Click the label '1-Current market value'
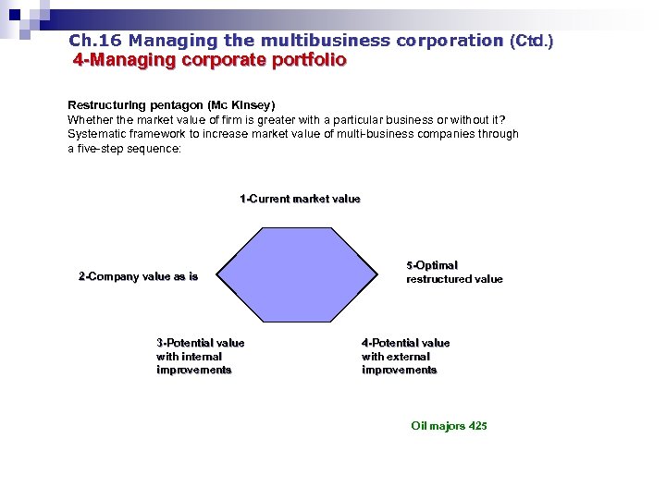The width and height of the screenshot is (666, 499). point(300,199)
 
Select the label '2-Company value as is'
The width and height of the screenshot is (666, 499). point(138,276)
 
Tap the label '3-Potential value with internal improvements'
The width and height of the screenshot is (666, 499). point(200,356)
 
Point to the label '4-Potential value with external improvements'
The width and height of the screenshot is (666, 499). point(405,356)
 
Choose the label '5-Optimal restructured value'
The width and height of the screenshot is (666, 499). point(454,272)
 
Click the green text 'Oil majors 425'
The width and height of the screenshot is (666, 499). point(449,426)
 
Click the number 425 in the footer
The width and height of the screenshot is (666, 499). point(477,426)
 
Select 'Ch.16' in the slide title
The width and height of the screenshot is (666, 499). point(95,41)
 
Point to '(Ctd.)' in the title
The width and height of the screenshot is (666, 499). point(531,41)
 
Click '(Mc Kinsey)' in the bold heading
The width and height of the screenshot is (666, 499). point(241,105)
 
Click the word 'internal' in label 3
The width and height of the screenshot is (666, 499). point(202,356)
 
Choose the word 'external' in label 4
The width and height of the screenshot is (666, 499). point(408,356)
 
